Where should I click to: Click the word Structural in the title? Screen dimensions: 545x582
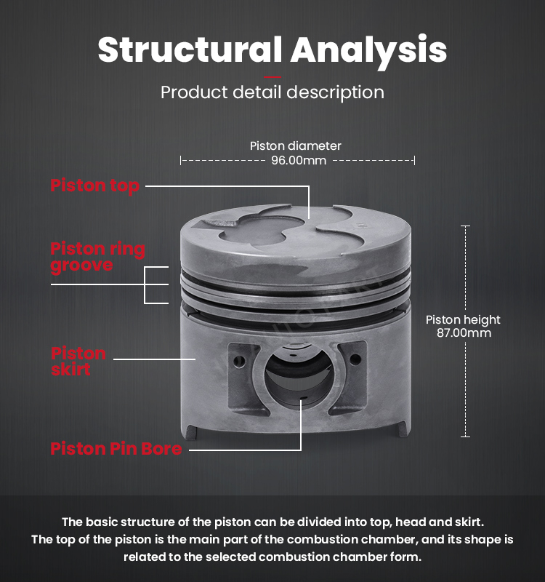point(190,49)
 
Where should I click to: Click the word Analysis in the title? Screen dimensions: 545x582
point(368,51)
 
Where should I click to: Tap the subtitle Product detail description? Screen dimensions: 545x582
point(272,92)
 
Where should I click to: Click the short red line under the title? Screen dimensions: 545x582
point(272,77)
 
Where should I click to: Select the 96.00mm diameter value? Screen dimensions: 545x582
point(299,160)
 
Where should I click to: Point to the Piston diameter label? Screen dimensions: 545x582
point(295,146)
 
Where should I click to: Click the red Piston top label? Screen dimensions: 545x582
point(95,186)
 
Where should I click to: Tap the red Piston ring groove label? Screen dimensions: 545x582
point(97,258)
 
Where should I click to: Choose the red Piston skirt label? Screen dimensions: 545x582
point(78,361)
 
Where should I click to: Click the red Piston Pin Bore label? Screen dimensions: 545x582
point(116,448)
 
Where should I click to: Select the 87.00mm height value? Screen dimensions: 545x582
point(464,332)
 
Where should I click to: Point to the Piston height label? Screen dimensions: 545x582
point(463,319)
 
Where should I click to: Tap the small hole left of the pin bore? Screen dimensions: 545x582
point(239,361)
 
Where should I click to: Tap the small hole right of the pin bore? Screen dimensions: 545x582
point(355,359)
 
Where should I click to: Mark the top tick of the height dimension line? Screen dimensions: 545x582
point(465,226)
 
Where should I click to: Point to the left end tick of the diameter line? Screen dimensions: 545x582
point(180,160)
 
